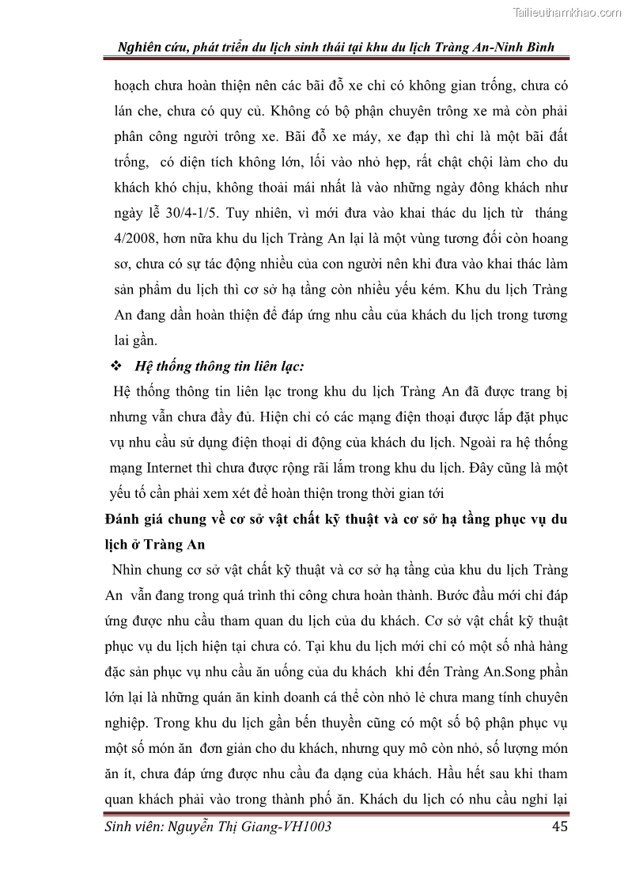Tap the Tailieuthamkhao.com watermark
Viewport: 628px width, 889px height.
click(x=567, y=12)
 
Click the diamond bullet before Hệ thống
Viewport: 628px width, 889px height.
click(x=116, y=367)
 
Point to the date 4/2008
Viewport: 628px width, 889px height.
click(x=139, y=239)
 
